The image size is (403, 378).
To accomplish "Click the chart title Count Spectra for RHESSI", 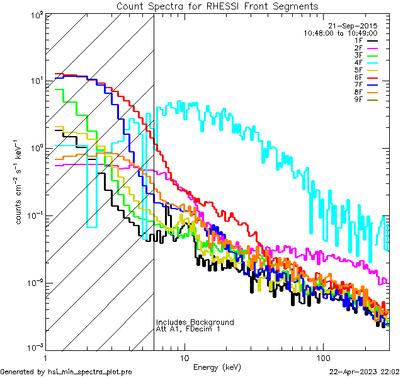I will pos(217,6).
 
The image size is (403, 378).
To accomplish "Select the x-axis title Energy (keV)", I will pos(217,367).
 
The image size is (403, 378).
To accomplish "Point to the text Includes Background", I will pos(195,322).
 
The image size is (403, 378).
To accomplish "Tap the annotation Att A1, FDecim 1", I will pos(188,329).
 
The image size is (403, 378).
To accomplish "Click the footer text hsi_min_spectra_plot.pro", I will pos(90,372).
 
